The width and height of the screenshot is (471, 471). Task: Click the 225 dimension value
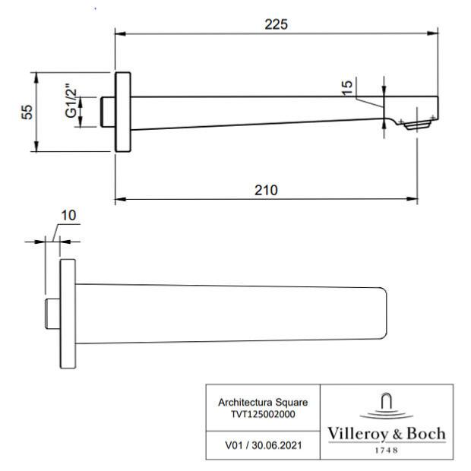(x=276, y=24)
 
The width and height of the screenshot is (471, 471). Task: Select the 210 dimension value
(x=266, y=190)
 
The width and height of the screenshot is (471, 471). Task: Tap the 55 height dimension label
(x=27, y=112)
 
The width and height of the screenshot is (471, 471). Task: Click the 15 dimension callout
(x=347, y=87)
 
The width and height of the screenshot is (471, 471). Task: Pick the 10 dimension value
(x=68, y=216)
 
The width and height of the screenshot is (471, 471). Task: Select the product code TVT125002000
(x=263, y=414)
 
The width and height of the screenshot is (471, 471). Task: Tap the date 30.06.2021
(x=277, y=445)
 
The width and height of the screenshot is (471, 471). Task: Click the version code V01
(x=234, y=445)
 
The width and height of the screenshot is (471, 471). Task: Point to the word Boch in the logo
(x=426, y=434)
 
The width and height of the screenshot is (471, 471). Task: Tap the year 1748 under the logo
(x=387, y=450)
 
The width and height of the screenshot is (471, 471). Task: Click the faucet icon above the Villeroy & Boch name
(x=386, y=406)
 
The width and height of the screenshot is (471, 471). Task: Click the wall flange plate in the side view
(x=123, y=112)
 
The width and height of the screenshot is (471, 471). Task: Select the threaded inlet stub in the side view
(x=108, y=112)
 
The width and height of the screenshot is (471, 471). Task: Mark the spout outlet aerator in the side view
(x=417, y=125)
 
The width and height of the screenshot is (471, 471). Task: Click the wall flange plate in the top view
(x=68, y=314)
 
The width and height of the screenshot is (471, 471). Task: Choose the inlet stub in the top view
(x=53, y=314)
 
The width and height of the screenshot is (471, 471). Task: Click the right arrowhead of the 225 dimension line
(x=432, y=33)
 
